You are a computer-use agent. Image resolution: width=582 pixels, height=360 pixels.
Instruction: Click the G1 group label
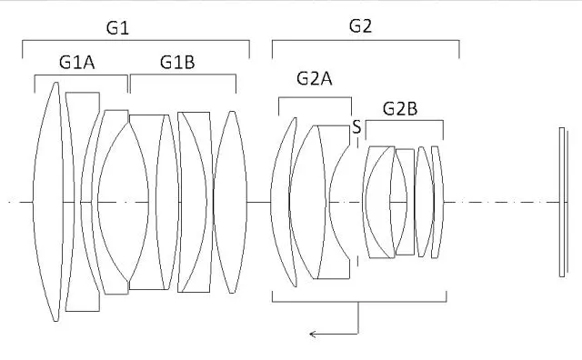pyautogui.click(x=117, y=28)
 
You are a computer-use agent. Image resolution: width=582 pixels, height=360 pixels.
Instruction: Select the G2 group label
pyautogui.click(x=360, y=26)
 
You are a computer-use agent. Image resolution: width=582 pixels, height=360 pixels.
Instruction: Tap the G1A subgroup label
pyautogui.click(x=76, y=63)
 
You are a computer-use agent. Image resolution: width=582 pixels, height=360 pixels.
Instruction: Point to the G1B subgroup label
pyautogui.click(x=177, y=62)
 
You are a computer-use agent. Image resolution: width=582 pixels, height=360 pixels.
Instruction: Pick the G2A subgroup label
pyautogui.click(x=315, y=79)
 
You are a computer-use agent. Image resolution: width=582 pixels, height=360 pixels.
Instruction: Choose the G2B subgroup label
pyautogui.click(x=400, y=109)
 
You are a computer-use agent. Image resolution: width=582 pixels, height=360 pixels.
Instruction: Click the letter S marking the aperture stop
pyautogui.click(x=356, y=127)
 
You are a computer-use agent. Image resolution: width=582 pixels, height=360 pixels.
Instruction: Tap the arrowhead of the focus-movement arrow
pyautogui.click(x=313, y=335)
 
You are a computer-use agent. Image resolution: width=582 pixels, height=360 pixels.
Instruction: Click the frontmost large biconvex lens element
pyautogui.click(x=48, y=202)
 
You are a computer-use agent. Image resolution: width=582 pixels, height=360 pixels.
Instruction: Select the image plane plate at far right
pyautogui.click(x=564, y=202)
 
